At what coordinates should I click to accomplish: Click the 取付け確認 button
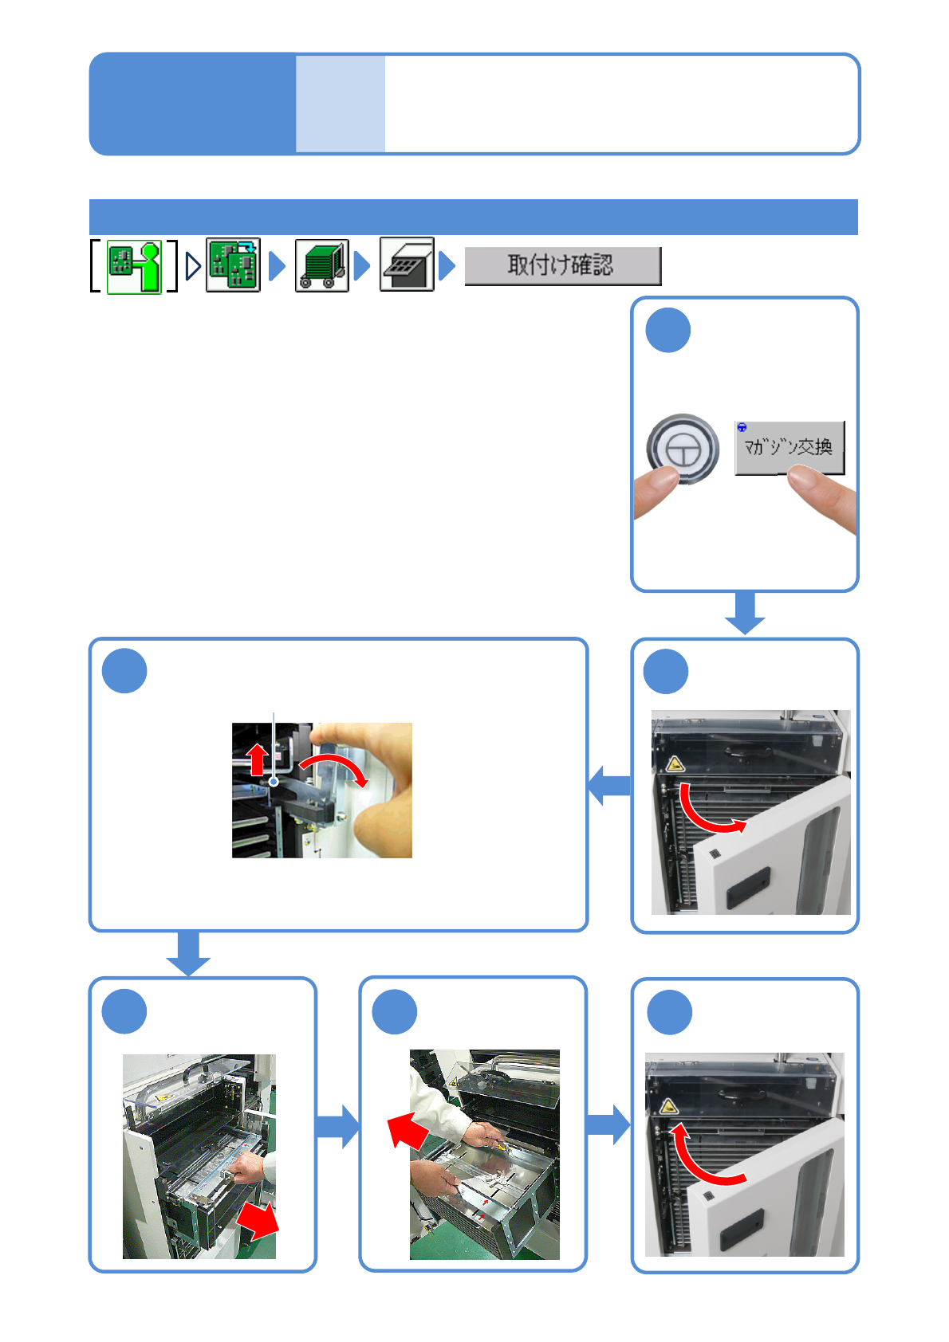[562, 265]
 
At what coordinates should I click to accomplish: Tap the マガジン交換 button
[789, 447]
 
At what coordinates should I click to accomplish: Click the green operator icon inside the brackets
[134, 266]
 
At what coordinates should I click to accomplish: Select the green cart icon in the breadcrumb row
[322, 266]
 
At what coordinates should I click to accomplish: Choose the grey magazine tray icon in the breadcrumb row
[407, 265]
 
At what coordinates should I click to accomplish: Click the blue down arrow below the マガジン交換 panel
[745, 613]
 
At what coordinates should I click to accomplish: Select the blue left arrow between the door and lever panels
[609, 785]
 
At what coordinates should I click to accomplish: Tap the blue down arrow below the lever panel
[188, 952]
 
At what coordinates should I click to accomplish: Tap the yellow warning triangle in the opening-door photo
[675, 765]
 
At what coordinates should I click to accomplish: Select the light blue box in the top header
[341, 104]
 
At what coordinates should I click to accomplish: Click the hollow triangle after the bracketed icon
[192, 266]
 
